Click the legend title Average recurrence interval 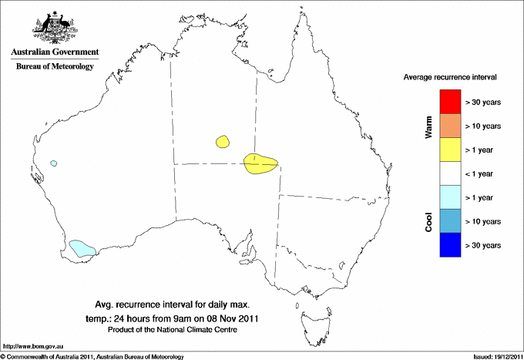(450, 78)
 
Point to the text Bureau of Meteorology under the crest (54, 67)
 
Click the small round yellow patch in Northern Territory (223, 142)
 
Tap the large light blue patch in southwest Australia (82, 248)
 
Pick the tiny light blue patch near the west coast (53, 163)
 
